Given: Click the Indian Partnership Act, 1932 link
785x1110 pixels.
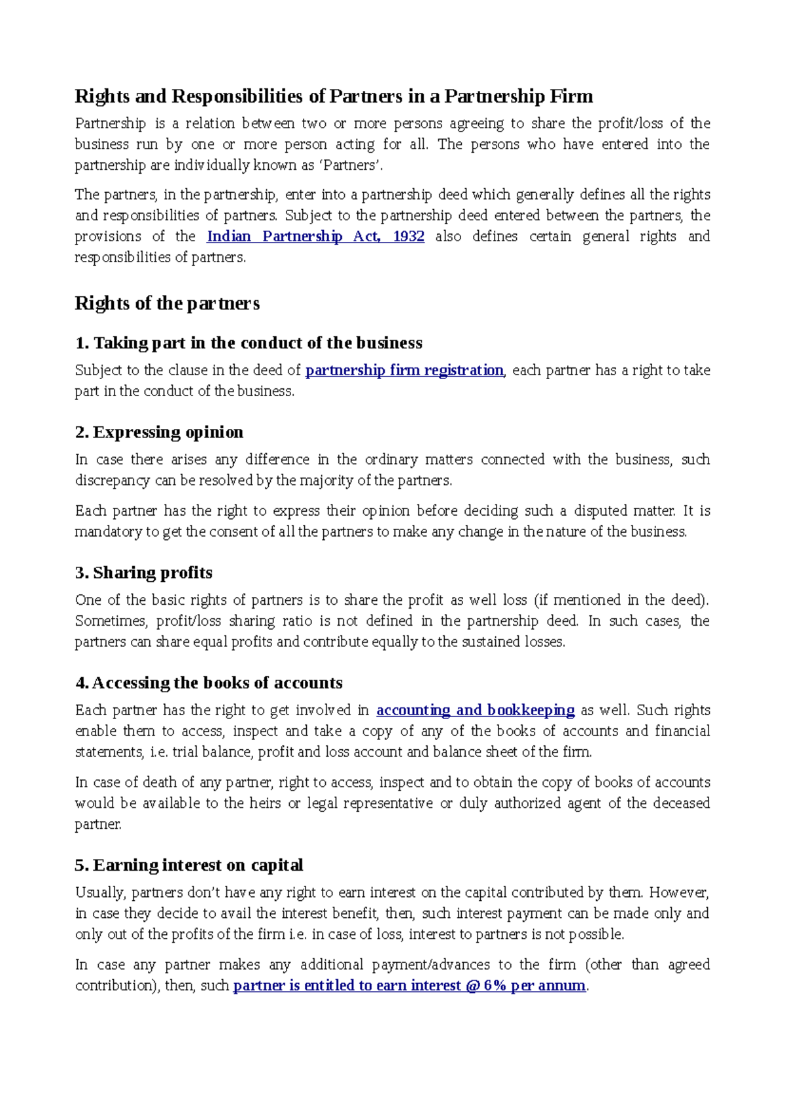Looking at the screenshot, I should (315, 237).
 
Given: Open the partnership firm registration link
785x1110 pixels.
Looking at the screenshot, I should (404, 371).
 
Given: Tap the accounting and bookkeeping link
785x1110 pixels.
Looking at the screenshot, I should (475, 711).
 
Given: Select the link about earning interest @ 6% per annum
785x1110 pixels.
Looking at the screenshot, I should (409, 986).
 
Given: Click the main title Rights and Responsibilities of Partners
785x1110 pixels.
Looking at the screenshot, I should (334, 97).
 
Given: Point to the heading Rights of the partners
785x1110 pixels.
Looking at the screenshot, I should (167, 303).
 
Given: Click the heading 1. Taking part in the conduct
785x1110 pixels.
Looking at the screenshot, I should (249, 343).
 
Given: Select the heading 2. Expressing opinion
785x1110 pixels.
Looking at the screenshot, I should (159, 433).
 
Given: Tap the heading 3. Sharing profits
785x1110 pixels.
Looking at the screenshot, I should (144, 573).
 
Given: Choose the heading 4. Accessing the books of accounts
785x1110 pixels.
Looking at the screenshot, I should (209, 683).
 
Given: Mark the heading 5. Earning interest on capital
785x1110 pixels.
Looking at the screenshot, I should (189, 866).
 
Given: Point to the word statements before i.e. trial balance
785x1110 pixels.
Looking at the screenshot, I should (109, 752).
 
